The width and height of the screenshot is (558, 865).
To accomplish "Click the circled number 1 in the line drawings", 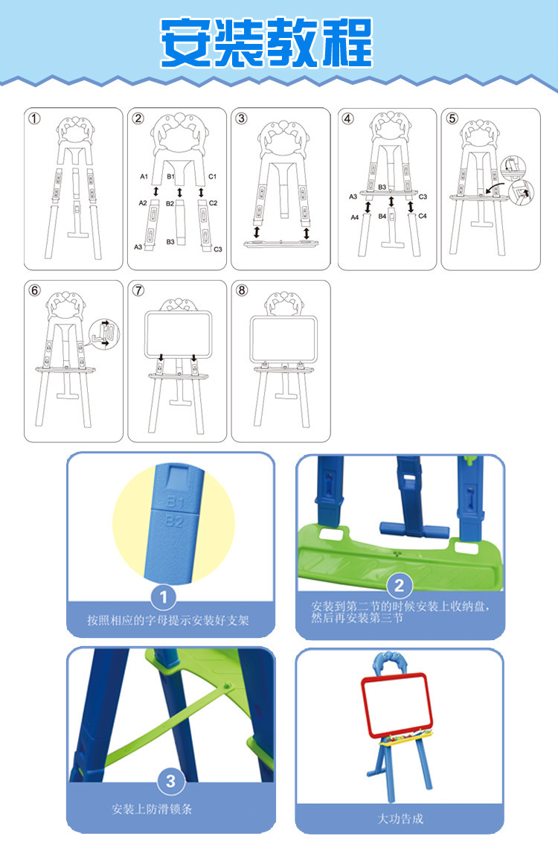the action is (34, 118).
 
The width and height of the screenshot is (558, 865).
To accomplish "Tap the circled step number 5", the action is (452, 118).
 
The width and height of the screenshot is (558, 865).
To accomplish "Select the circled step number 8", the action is (242, 290).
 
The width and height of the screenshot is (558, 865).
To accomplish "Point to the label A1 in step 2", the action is (144, 176).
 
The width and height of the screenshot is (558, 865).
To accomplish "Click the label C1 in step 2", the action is (212, 176).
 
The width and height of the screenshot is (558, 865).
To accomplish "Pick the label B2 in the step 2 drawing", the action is (170, 203).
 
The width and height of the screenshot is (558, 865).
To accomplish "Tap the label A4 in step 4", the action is (355, 217).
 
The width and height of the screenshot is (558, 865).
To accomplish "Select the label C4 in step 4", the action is (423, 216).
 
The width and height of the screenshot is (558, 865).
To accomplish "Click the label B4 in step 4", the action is (382, 216).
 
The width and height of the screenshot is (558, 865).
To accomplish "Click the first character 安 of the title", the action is (186, 42).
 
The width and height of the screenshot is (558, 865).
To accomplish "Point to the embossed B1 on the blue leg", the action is (176, 502).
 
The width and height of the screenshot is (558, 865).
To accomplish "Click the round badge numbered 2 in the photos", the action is (400, 585).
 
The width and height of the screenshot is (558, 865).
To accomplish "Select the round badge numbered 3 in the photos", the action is (171, 781).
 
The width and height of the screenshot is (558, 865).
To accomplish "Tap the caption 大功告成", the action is (400, 819).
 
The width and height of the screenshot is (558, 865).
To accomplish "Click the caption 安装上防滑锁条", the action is (153, 809).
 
